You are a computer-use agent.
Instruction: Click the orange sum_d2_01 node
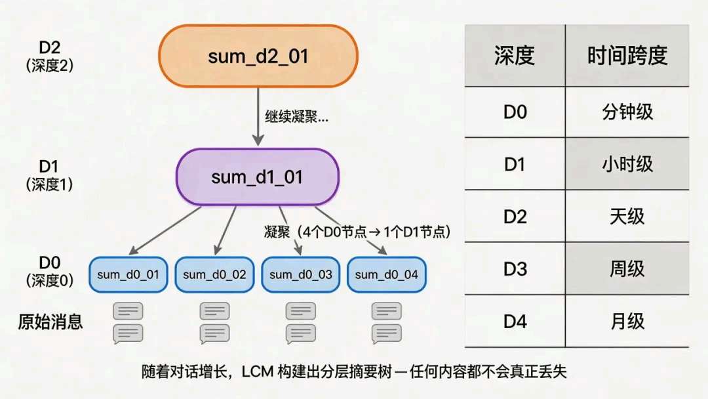pos(258,56)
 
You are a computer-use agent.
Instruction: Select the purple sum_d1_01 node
pos(257,177)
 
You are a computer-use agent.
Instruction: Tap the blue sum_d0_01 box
pos(128,274)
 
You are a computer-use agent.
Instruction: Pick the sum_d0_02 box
pos(214,274)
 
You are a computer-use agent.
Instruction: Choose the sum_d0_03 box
pos(300,274)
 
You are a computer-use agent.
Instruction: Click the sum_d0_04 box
pos(386,274)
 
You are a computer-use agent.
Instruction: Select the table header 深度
pos(515,56)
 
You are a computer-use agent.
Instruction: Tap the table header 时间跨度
pos(627,56)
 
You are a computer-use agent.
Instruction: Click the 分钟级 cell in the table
pos(627,112)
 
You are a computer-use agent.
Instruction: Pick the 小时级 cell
pos(627,163)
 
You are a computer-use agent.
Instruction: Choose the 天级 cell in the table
pos(627,216)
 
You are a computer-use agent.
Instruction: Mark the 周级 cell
pos(627,268)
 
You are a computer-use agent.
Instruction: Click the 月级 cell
pos(627,321)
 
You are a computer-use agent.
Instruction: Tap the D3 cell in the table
pos(515,268)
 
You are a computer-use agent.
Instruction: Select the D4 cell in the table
pos(515,321)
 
